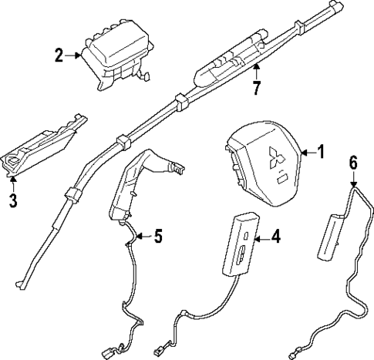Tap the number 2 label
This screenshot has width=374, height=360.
tap(59, 55)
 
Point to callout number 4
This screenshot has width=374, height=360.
tap(277, 238)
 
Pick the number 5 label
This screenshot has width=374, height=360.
tap(157, 237)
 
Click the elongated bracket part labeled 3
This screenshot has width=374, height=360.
tap(42, 146)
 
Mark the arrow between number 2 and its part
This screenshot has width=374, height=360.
tap(73, 55)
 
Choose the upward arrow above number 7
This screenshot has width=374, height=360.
tap(254, 72)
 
